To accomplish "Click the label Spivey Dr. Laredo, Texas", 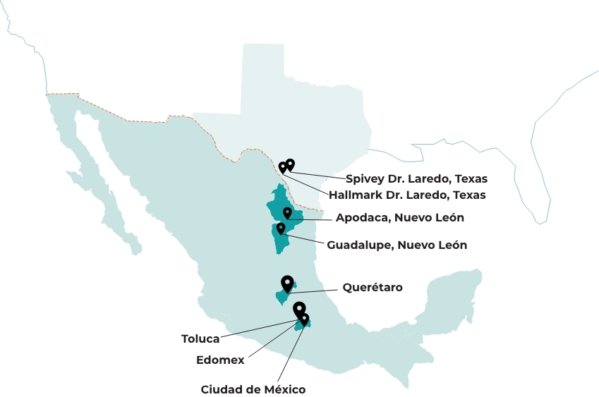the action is pyautogui.click(x=416, y=179).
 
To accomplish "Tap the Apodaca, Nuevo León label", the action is pyautogui.click(x=399, y=218).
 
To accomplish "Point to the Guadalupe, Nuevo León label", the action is pyautogui.click(x=397, y=245).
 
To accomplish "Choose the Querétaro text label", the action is pyautogui.click(x=373, y=288).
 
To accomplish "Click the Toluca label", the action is pyautogui.click(x=200, y=339).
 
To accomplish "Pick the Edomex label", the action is pyautogui.click(x=220, y=360).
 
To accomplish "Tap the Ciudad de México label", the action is pyautogui.click(x=253, y=389).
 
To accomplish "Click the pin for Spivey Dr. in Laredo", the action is pyautogui.click(x=290, y=164).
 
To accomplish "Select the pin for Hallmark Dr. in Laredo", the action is pyautogui.click(x=282, y=167).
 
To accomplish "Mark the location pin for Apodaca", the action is pyautogui.click(x=287, y=212).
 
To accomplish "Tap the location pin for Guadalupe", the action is pyautogui.click(x=281, y=228).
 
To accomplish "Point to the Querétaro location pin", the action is pyautogui.click(x=286, y=282).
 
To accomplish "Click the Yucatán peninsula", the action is pyautogui.click(x=452, y=296).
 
